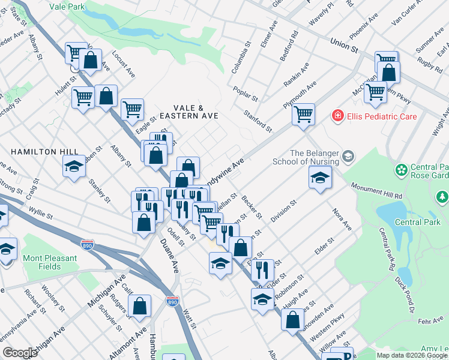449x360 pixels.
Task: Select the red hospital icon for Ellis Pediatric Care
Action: [338, 115]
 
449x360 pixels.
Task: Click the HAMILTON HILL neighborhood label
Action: [36, 152]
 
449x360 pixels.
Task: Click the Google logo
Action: [20, 353]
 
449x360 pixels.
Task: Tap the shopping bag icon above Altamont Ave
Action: [139, 306]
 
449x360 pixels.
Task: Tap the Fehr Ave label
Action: [430, 322]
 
